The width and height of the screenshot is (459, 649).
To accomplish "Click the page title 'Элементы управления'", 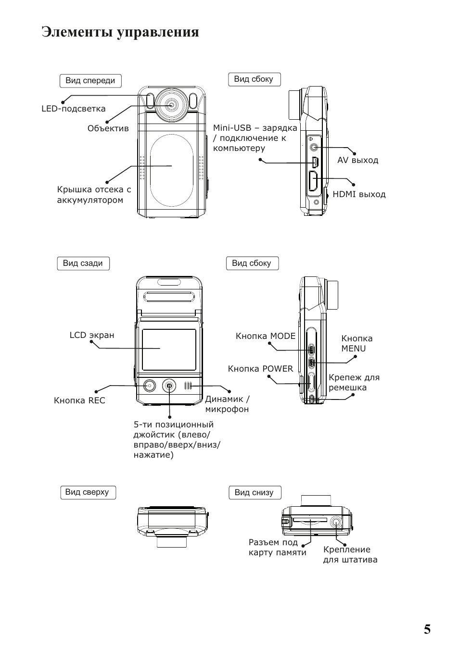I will [x=120, y=32].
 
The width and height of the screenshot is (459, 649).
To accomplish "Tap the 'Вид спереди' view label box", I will [x=90, y=81].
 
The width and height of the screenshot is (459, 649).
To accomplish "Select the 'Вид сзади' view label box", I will [x=83, y=263].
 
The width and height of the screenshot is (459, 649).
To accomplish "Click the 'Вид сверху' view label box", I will [x=87, y=492].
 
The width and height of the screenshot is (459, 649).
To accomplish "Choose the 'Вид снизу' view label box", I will [x=254, y=493].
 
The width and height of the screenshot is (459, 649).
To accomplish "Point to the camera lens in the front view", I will [x=171, y=104].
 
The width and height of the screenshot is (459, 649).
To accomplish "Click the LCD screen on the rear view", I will [x=169, y=349].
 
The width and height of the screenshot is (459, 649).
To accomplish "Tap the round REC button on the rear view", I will [x=149, y=386].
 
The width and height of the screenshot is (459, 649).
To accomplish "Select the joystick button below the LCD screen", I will [x=169, y=386].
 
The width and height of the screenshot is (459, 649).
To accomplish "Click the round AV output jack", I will [x=314, y=147].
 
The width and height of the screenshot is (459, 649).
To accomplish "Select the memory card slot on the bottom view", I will [x=310, y=520].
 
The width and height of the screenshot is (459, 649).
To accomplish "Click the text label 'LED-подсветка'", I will [x=73, y=109].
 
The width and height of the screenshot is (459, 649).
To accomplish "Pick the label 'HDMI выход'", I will [x=359, y=194].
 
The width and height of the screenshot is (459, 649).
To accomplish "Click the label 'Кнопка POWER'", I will [x=260, y=369].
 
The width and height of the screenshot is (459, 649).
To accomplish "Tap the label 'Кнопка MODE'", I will [x=266, y=336].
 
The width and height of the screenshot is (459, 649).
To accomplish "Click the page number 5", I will [x=427, y=630].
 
